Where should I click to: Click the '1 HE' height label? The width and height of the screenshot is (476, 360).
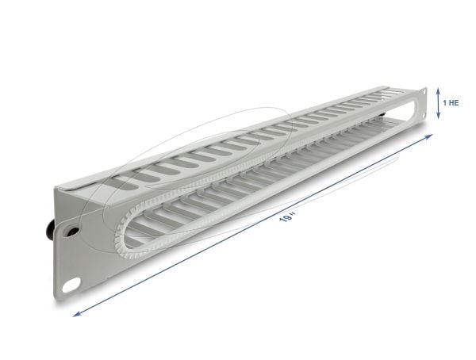pyautogui.click(x=451, y=103)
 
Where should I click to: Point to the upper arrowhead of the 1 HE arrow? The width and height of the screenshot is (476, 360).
pyautogui.click(x=439, y=90)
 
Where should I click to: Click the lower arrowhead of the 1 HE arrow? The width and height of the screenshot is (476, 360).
pyautogui.click(x=439, y=116)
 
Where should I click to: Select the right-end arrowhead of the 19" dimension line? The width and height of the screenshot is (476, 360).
pyautogui.click(x=428, y=136)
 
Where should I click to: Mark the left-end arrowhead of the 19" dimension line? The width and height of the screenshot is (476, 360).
pyautogui.click(x=77, y=314)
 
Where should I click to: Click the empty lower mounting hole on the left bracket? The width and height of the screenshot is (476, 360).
pyautogui.click(x=71, y=285)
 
